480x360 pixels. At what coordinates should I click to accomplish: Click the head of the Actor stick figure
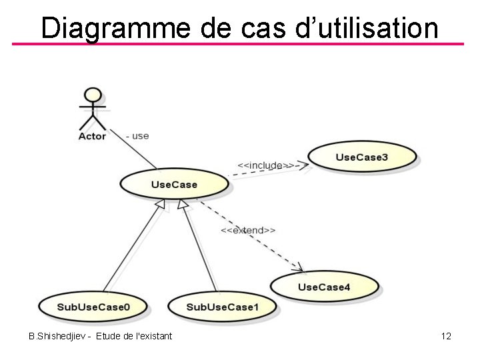click(x=93, y=95)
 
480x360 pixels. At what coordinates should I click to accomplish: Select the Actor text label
click(x=92, y=136)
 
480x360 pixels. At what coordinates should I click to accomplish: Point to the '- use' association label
click(x=137, y=135)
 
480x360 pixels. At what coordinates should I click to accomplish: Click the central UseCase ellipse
click(x=174, y=184)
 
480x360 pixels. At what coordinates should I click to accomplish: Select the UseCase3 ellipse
click(x=361, y=157)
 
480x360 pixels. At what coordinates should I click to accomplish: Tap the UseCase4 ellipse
click(x=324, y=287)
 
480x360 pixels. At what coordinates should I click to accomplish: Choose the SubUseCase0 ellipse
click(x=93, y=307)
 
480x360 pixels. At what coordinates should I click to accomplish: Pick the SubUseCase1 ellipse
click(x=222, y=307)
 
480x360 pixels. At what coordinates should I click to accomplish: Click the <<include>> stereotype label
click(x=265, y=165)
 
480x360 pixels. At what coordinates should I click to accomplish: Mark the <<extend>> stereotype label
click(x=248, y=230)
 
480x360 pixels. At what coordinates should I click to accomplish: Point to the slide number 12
click(x=446, y=336)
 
